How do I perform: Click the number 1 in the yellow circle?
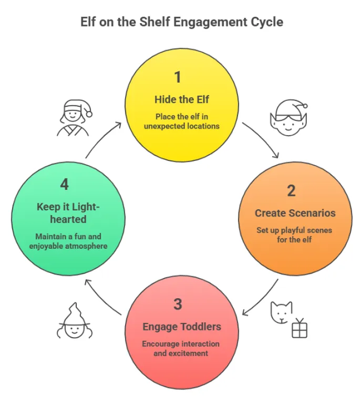pos(178,77)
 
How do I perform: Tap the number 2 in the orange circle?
pos(291,190)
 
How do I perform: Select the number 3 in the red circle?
pos(178,304)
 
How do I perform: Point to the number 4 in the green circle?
pos(65,185)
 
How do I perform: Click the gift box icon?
pos(299,328)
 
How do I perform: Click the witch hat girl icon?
pos(71,321)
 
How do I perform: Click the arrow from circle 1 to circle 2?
pos(263,139)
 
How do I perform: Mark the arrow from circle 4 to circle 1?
pos(102,139)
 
